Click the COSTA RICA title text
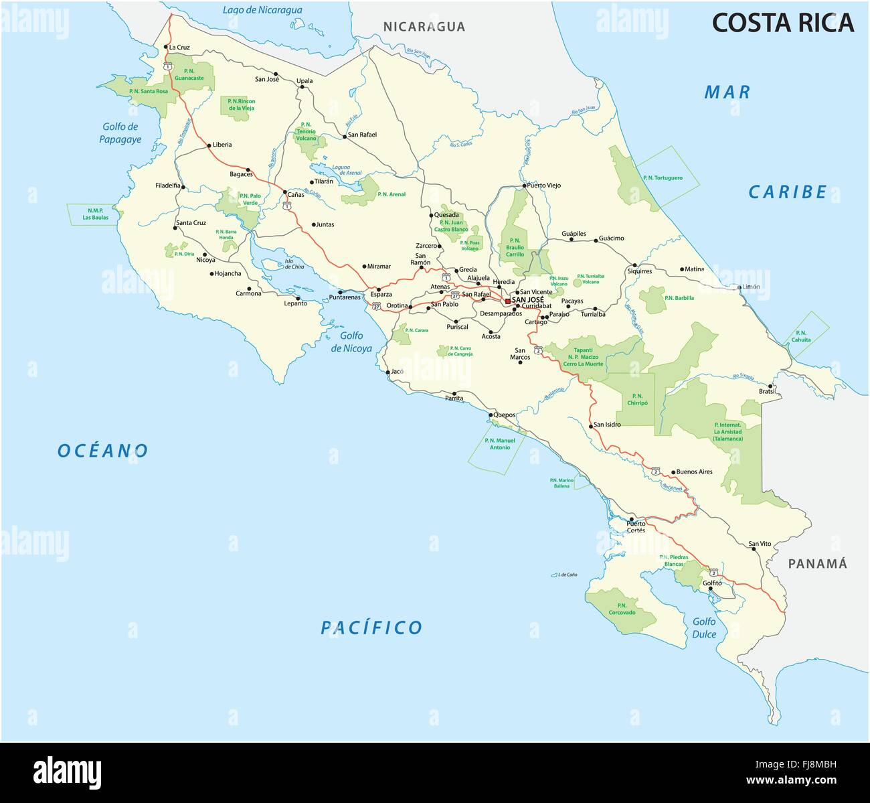click(x=782, y=23)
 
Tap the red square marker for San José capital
click(x=508, y=300)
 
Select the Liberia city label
click(x=222, y=145)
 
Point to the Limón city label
click(x=751, y=287)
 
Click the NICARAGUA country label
click(x=424, y=27)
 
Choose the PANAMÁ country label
click(x=817, y=563)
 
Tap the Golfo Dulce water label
click(x=704, y=628)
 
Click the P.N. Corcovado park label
click(x=622, y=608)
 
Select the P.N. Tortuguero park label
click(x=662, y=177)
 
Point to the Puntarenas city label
click(x=345, y=297)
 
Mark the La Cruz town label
click(x=179, y=48)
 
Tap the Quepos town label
click(x=505, y=415)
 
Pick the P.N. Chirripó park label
click(x=636, y=400)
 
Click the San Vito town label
click(x=760, y=543)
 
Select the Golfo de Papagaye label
click(x=120, y=133)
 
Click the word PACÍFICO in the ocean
click(x=371, y=628)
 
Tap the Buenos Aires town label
click(x=694, y=471)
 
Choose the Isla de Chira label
click(x=294, y=263)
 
